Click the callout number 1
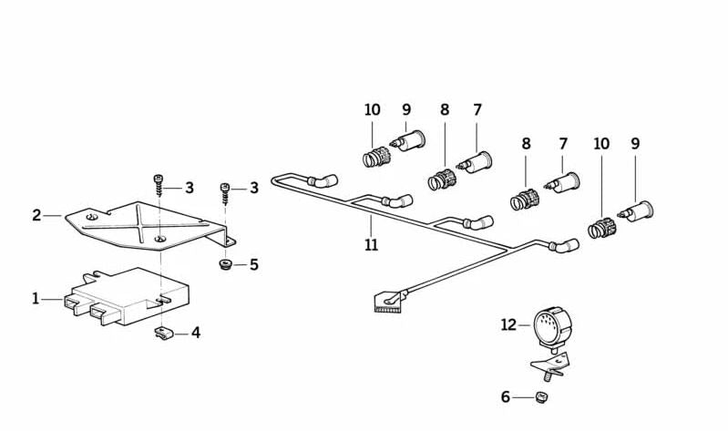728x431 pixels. coord(36,298)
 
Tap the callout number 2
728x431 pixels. coord(36,216)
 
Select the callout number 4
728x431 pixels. coord(196,333)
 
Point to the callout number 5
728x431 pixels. coord(253,265)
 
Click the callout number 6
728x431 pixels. coord(506,396)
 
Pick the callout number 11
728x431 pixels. coord(371,244)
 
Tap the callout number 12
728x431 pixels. coord(508,323)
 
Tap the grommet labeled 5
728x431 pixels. coord(224,266)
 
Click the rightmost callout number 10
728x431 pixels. coord(601,144)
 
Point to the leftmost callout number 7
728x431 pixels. coord(477,110)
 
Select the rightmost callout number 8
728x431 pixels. coord(526,144)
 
